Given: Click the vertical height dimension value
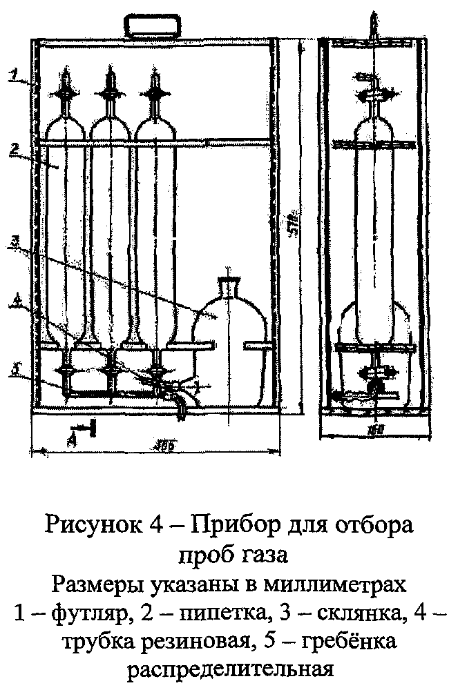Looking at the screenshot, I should click(x=292, y=228).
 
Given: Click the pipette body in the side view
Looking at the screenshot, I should click(x=374, y=221).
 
